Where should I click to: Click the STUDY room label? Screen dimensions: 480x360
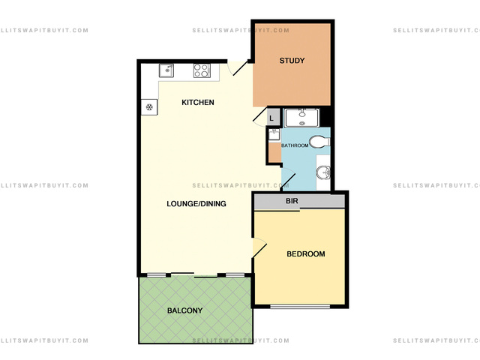[292, 61]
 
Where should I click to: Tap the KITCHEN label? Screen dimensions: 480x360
[198, 102]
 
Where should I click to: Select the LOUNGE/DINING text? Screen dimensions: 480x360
[196, 203]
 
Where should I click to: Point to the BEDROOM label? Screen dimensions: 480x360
[306, 253]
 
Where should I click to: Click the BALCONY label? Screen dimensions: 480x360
[185, 310]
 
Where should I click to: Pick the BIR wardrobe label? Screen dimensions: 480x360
[292, 201]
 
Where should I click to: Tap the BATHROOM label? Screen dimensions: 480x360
[295, 145]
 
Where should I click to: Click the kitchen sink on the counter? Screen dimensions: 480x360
[166, 70]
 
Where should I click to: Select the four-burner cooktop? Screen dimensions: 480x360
[202, 70]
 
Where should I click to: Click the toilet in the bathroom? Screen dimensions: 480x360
[319, 142]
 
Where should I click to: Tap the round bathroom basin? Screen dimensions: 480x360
[323, 172]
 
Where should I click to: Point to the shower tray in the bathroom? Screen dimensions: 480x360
[301, 118]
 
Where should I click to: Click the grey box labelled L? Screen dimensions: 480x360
[273, 118]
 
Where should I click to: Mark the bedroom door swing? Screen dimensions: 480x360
[259, 247]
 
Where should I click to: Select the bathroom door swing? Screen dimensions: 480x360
[288, 178]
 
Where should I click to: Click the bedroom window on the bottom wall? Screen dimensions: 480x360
[300, 306]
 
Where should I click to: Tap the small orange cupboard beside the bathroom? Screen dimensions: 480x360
[275, 152]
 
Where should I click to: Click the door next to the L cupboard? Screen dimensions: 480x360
[259, 116]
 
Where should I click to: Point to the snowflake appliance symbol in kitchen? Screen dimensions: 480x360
[149, 107]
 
